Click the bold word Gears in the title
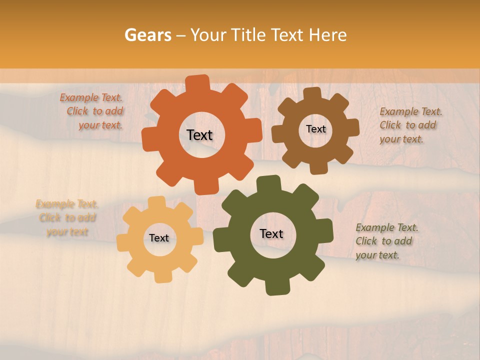click(x=147, y=35)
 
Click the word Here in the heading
click(x=327, y=35)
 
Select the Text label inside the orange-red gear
click(x=199, y=135)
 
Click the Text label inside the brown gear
click(x=315, y=129)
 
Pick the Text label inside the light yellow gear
click(x=159, y=238)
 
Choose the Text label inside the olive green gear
click(x=271, y=233)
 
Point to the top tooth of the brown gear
click(x=312, y=93)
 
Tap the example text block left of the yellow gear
click(x=67, y=218)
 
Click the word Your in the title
click(x=207, y=35)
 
